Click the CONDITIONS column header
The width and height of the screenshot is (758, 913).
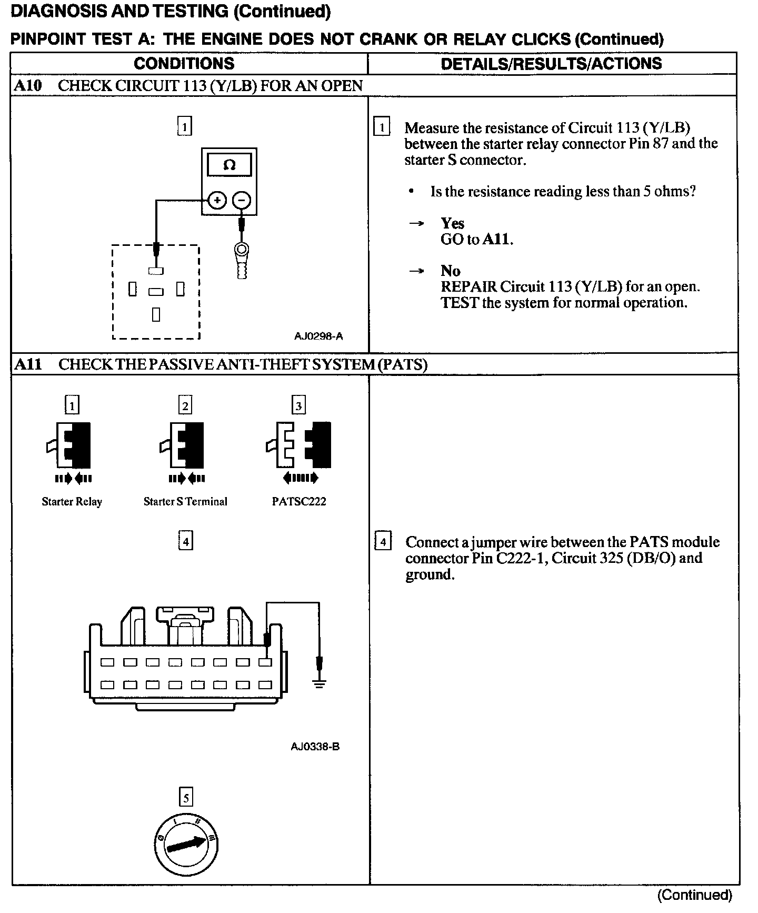[x=184, y=64]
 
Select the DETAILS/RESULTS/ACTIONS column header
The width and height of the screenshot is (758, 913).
[x=551, y=64]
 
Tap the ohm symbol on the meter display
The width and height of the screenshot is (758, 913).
[x=229, y=165]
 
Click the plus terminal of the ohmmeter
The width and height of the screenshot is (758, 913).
[x=217, y=200]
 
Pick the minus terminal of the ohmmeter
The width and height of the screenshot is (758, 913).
[x=242, y=200]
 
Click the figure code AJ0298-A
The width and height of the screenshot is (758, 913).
[x=318, y=336]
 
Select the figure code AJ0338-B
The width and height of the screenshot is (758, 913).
[x=315, y=746]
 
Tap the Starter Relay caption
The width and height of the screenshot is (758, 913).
[x=72, y=502]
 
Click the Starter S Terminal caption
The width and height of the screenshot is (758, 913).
[x=185, y=502]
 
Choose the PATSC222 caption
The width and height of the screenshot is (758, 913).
[x=298, y=502]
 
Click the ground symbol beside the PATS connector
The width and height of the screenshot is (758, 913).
[x=318, y=683]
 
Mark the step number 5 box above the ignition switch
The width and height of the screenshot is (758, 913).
[x=186, y=798]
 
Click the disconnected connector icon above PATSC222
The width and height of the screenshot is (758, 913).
[x=298, y=445]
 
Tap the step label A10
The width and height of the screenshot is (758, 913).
[x=27, y=86]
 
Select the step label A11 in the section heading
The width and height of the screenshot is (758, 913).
[x=28, y=364]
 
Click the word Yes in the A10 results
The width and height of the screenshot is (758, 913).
[x=452, y=223]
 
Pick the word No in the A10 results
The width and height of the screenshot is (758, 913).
[x=450, y=271]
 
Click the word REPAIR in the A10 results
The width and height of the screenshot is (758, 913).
[x=468, y=287]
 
